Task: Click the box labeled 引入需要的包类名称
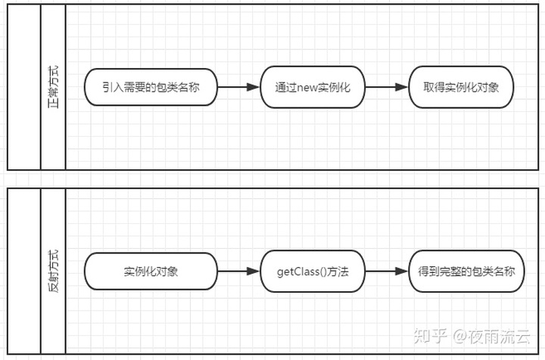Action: (151, 87)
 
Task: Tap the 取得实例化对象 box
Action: (462, 87)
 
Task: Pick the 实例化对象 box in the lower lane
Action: (151, 271)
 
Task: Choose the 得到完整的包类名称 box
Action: (462, 271)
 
